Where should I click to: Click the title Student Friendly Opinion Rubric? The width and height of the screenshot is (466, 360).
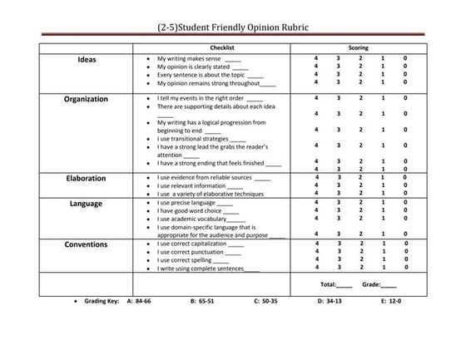coord(232,27)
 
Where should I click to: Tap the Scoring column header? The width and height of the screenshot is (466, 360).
coord(359,48)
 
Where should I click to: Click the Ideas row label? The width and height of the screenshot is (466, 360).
coord(87,59)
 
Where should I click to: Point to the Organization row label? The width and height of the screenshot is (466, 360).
coord(87,99)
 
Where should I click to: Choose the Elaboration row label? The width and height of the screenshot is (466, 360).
coord(87,178)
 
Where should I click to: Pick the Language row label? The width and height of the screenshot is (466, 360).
coord(87,203)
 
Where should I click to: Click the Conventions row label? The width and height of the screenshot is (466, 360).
coord(87,244)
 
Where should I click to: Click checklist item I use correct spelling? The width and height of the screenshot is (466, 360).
coord(195,259)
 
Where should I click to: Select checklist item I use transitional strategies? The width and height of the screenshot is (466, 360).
coord(200,139)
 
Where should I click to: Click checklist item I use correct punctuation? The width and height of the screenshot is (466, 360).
coord(200,251)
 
